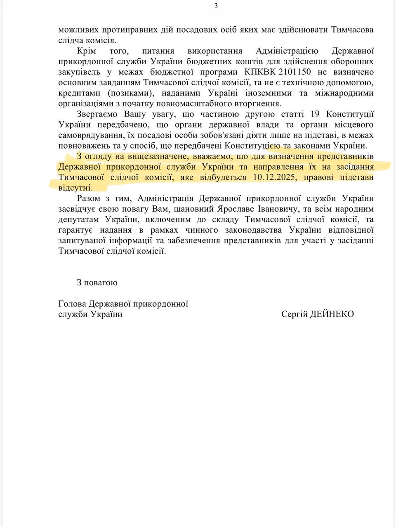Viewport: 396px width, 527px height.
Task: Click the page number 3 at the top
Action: (216, 6)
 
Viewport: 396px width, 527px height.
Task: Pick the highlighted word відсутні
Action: (75, 188)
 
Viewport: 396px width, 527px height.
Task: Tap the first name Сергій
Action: (295, 314)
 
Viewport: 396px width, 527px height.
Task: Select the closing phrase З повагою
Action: (97, 282)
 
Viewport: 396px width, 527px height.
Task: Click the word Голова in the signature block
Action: (72, 304)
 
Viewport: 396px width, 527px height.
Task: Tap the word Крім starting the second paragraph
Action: (86, 51)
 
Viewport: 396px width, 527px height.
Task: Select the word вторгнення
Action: (261, 103)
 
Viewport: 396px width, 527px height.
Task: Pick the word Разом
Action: (88, 198)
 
